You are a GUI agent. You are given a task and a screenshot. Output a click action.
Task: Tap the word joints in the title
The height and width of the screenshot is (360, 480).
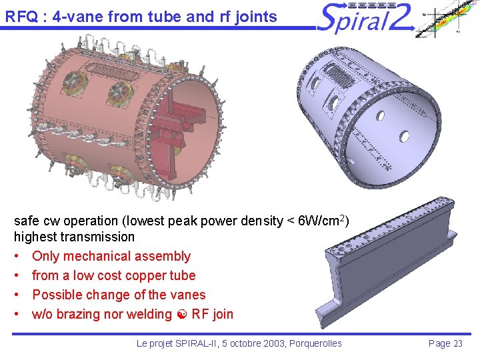click(x=253, y=16)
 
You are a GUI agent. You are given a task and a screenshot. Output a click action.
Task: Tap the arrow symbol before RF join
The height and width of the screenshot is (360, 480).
click(x=182, y=315)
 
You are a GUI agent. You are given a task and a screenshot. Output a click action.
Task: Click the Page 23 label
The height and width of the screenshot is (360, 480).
click(x=445, y=343)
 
